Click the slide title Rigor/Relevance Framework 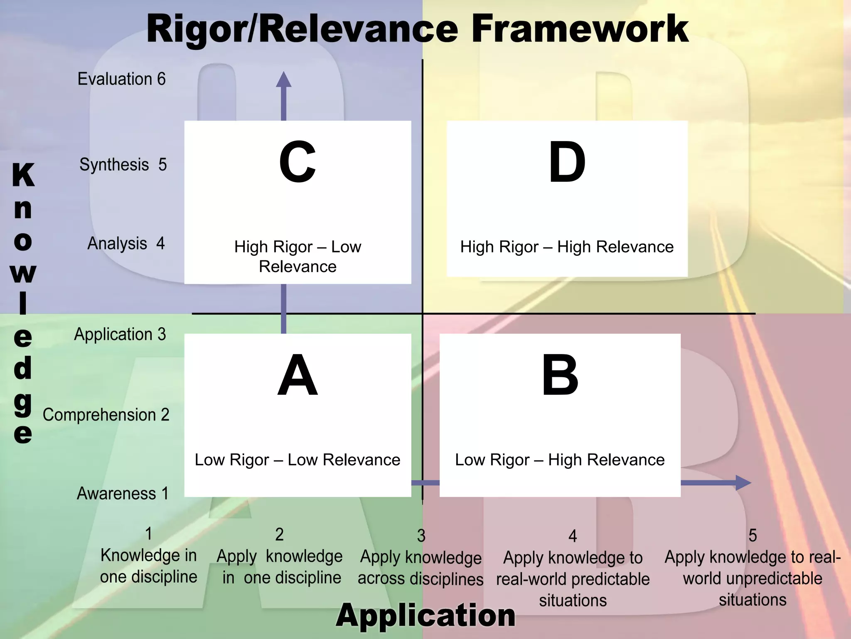(417, 29)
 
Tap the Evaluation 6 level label (121, 79)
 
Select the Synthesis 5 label (123, 165)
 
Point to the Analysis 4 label (126, 243)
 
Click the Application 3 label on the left (120, 334)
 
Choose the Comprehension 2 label (106, 415)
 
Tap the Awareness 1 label (123, 493)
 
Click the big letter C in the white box (297, 162)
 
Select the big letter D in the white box (567, 162)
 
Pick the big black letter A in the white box (298, 375)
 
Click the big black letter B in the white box (560, 375)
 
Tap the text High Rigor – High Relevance (567, 247)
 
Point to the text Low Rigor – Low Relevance (298, 460)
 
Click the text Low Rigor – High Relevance (560, 460)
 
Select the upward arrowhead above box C (283, 80)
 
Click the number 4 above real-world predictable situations (573, 536)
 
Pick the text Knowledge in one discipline (148, 566)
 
